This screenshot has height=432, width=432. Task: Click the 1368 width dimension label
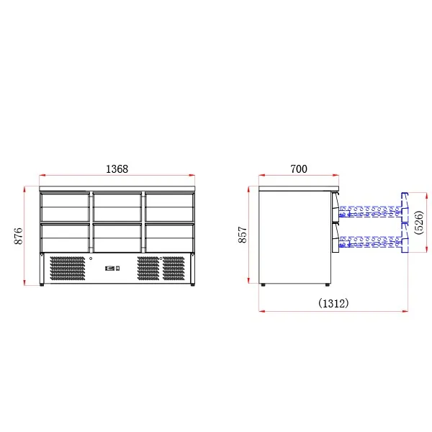(117, 169)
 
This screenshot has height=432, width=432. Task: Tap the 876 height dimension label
(19, 236)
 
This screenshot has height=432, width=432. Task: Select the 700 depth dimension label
(299, 169)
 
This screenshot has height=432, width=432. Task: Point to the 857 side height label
(243, 235)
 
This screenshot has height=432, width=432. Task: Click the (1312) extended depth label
(333, 303)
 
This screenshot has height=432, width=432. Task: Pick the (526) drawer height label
(418, 222)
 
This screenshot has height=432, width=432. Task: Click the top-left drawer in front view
(65, 207)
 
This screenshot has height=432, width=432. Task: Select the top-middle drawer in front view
(117, 207)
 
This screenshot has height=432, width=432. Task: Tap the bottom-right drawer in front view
(169, 238)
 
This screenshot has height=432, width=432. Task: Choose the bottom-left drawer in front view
(65, 238)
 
